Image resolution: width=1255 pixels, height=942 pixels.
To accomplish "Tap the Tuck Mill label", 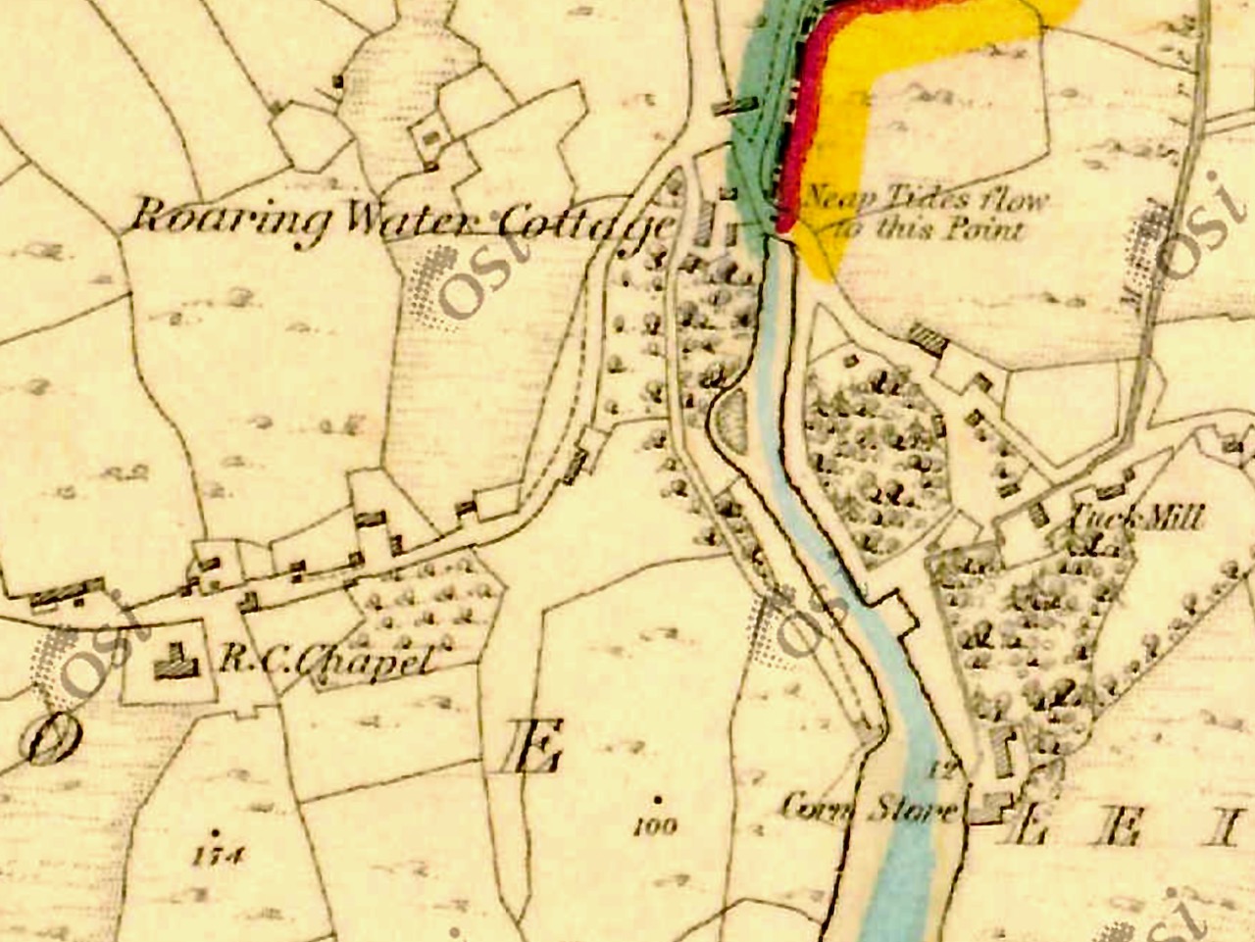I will click(x=1138, y=518).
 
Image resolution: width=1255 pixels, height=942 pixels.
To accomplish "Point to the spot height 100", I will click(x=655, y=826).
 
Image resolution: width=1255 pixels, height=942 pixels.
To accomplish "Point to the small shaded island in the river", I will click(x=730, y=421).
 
